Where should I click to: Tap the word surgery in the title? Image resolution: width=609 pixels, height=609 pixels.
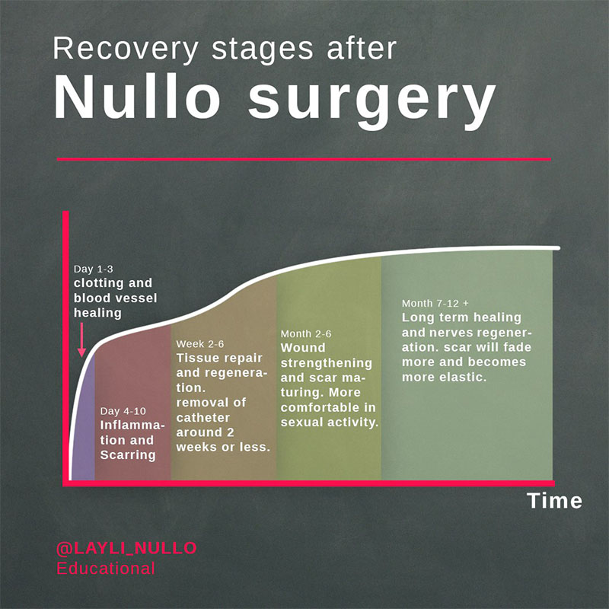point(371,100)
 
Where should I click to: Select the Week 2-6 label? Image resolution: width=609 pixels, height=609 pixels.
point(199,343)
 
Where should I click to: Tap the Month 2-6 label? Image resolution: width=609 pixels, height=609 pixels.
point(305,333)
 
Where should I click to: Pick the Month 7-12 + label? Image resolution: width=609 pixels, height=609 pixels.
point(435,303)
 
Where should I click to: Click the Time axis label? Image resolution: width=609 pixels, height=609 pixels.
point(554,501)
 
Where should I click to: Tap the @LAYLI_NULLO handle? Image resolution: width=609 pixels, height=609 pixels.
point(126,548)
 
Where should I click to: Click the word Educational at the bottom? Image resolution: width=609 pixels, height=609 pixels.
point(106,568)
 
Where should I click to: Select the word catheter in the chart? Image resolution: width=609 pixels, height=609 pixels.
point(203,418)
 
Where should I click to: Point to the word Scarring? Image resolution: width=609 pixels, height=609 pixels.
point(128,455)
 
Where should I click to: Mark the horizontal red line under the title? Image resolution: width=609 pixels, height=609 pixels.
point(304,159)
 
